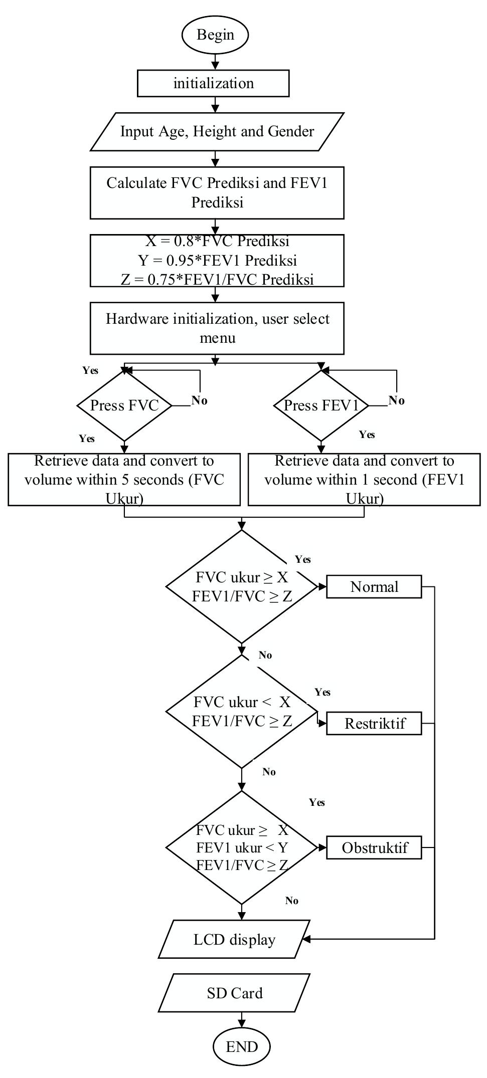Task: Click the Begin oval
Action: (215, 35)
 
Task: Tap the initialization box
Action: (213, 83)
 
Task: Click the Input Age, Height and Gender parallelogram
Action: (217, 132)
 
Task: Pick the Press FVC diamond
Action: (124, 405)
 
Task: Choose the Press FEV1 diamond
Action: (321, 405)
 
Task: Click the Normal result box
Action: (374, 587)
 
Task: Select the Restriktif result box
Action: (374, 724)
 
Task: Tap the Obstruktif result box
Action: (374, 848)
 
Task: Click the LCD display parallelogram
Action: (234, 940)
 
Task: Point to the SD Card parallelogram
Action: (234, 993)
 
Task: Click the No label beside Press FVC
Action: (199, 400)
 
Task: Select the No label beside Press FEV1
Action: (396, 400)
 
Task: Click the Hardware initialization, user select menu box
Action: (217, 328)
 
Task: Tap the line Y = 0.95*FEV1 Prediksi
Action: (217, 261)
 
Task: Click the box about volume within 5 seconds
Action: (124, 480)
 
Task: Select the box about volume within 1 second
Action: (364, 480)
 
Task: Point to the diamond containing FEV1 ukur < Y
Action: (242, 848)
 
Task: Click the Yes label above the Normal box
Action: (303, 560)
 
